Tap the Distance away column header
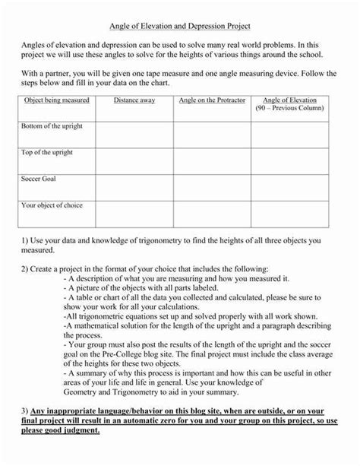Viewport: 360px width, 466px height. coord(134,100)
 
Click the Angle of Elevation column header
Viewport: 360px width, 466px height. coord(289,100)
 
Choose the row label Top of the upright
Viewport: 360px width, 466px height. coord(47,152)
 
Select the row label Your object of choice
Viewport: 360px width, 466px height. coord(52,205)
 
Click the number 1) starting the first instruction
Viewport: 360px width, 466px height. coord(24,240)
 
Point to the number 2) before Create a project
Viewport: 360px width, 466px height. coord(24,269)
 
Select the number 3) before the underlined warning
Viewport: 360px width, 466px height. coord(24,411)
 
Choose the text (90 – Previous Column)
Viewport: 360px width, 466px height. coord(289,109)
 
